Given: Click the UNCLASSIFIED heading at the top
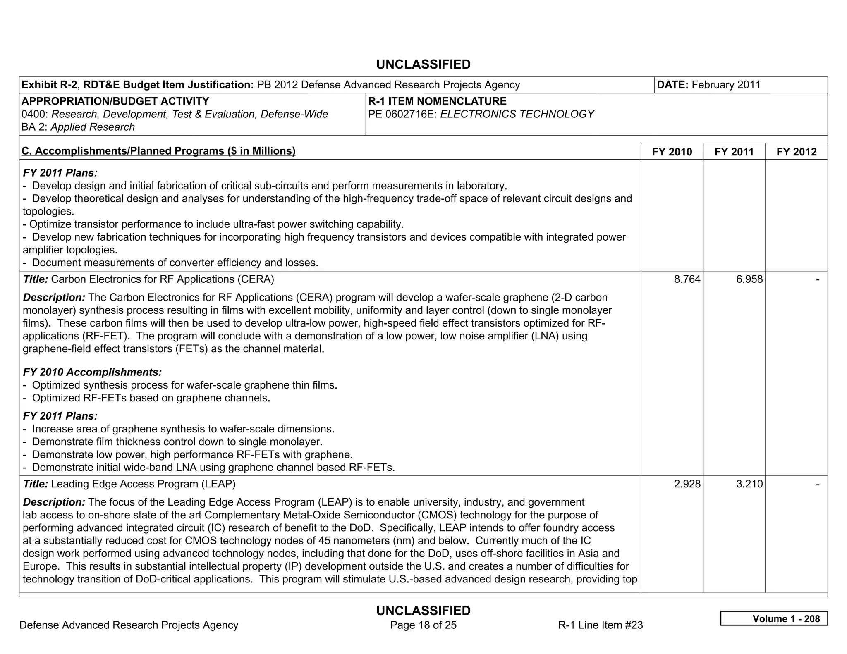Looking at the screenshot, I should click(x=423, y=64).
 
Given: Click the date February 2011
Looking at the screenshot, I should click(x=726, y=85).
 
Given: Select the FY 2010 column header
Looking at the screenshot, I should click(x=672, y=152).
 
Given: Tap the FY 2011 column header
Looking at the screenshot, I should click(x=734, y=152).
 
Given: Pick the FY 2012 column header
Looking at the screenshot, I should click(x=796, y=152).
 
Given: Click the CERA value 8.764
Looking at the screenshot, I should click(x=687, y=279).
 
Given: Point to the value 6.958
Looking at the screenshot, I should click(x=749, y=279).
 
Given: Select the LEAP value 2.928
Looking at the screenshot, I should click(x=687, y=484).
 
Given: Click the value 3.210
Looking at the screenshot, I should click(x=749, y=484).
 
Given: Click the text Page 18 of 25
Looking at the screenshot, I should click(x=423, y=625).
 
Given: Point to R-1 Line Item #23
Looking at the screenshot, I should click(x=600, y=625).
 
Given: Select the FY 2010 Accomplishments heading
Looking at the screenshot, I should click(x=92, y=372).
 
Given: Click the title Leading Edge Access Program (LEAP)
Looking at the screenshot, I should click(x=143, y=484).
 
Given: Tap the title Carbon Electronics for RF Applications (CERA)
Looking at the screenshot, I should click(x=162, y=279).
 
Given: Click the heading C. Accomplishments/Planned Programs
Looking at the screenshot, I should click(x=158, y=151).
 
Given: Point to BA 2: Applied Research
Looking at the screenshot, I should click(x=78, y=127).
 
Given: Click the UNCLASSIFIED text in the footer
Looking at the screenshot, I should click(x=423, y=611).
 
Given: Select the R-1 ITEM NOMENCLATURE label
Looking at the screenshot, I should click(x=437, y=101).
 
